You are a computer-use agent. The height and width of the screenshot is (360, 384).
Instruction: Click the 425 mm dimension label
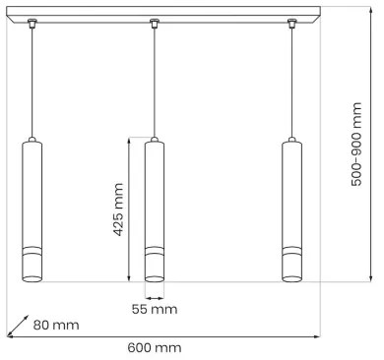point(118,210)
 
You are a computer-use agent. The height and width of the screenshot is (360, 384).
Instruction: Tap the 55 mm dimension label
point(155,309)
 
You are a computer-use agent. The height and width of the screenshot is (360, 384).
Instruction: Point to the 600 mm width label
point(155,347)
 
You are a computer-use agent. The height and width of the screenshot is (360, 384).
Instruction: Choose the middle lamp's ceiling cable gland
point(155,22)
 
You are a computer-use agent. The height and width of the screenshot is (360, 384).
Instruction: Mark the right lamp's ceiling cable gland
point(292,22)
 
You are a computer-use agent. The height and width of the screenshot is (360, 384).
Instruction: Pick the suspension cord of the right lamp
point(292,79)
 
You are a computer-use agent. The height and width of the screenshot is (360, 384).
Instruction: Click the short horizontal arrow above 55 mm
point(155,296)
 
